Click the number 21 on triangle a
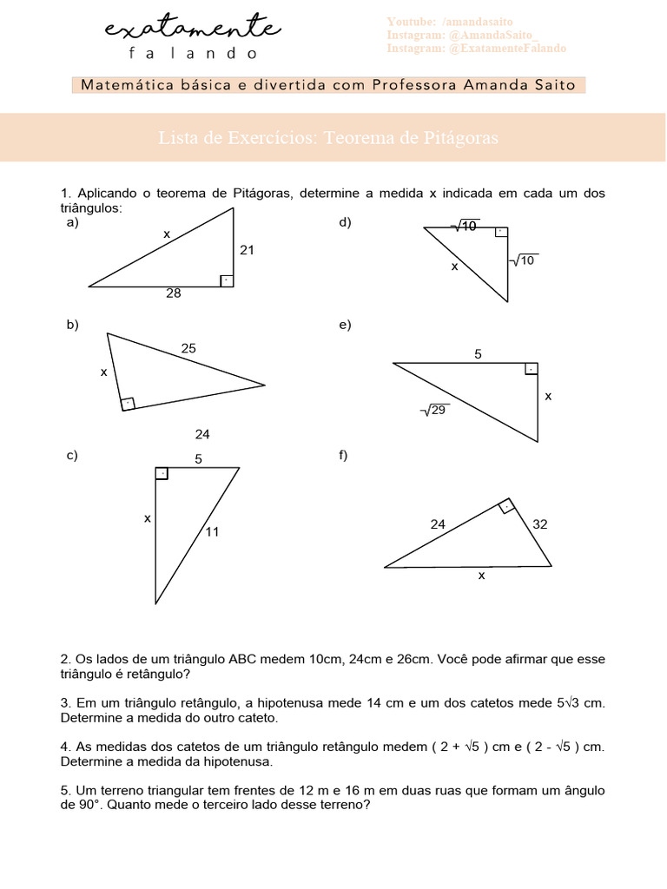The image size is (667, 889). (247, 250)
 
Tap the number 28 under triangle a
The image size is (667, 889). (174, 293)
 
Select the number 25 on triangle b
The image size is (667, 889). (188, 348)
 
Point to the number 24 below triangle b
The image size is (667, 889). (202, 434)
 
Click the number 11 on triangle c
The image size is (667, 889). (213, 532)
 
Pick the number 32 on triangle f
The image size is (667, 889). (540, 524)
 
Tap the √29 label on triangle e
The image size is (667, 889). (434, 410)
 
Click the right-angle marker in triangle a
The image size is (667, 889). (226, 280)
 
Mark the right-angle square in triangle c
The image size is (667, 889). (162, 473)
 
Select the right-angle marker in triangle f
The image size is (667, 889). (505, 506)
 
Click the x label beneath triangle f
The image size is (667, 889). (481, 575)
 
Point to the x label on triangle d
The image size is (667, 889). (454, 267)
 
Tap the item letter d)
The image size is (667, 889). (345, 222)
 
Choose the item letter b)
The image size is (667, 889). (73, 325)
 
